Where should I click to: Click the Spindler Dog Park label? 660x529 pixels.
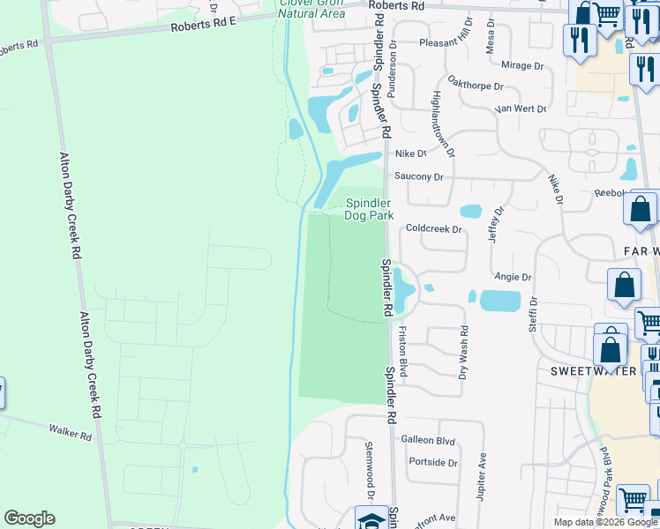click(368, 208)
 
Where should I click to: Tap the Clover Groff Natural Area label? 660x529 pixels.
click(311, 8)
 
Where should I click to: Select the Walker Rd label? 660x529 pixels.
click(71, 432)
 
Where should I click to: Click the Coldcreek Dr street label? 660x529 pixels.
click(433, 229)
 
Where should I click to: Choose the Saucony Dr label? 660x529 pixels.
click(418, 176)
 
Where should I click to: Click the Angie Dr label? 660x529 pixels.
click(513, 277)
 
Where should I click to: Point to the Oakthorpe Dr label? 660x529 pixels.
click(475, 86)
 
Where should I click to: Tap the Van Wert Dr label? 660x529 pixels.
click(521, 108)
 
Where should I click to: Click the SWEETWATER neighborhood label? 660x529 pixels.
click(588, 371)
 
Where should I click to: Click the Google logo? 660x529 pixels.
click(29, 518)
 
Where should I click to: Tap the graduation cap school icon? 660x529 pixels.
click(371, 518)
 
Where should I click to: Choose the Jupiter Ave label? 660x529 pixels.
click(482, 473)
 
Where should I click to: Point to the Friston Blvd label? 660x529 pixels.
click(401, 351)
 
